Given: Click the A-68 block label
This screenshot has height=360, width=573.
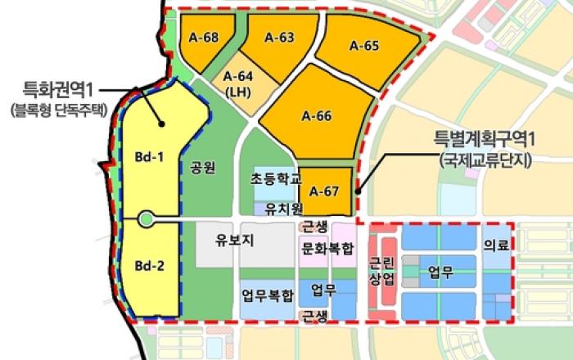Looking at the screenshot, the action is click(203, 38).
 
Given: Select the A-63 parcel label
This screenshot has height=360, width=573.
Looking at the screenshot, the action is click(279, 37).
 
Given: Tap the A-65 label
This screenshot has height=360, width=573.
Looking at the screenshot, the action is click(363, 47).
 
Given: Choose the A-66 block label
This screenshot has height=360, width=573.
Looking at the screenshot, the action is click(316, 116).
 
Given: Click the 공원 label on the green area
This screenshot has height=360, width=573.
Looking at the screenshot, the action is click(202, 169).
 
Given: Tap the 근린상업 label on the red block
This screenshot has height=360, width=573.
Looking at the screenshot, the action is click(381, 272).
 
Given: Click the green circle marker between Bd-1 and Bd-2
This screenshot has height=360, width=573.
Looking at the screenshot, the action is click(146, 218).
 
